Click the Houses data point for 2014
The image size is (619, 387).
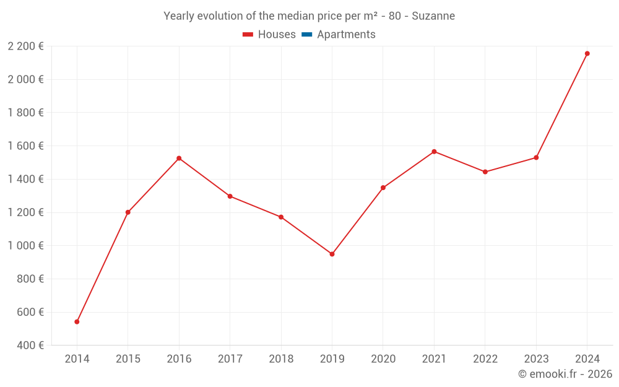tap(77, 321)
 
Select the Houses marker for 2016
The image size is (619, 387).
tap(179, 159)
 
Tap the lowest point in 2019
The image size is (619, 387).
tap(332, 254)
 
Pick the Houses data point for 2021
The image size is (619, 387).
tap(434, 152)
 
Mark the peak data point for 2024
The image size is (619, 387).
tap(587, 53)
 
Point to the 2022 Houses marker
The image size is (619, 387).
tap(485, 172)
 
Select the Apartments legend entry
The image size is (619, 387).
tap(346, 35)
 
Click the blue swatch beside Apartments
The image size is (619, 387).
tap(306, 35)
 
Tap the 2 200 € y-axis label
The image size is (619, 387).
tap(26, 46)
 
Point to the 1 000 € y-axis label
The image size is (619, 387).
tap(26, 245)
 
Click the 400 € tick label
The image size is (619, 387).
tap(30, 345)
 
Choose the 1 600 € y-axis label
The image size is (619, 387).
tap(26, 146)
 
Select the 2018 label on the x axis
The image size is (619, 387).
tap(281, 359)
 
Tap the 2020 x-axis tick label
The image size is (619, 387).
tap(383, 359)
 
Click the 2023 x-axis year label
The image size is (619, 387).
tap(536, 359)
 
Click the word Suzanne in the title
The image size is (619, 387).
tap(433, 16)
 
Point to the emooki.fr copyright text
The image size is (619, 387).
tap(565, 374)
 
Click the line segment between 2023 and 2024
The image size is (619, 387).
tap(561, 105)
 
